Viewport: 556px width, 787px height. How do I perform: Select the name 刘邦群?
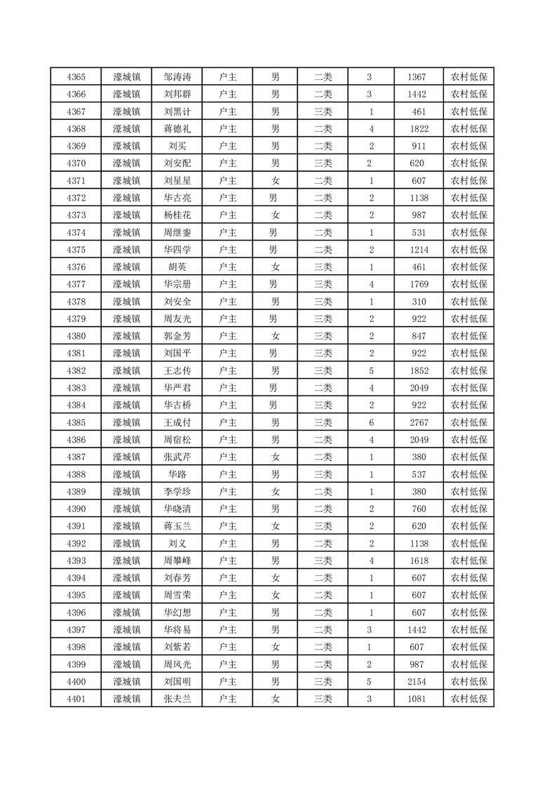(x=177, y=94)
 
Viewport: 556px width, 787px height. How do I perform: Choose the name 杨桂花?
(x=177, y=215)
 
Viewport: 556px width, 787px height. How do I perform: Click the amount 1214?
(x=418, y=250)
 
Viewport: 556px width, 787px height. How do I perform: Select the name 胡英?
(x=177, y=267)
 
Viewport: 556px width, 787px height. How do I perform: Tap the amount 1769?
(x=418, y=284)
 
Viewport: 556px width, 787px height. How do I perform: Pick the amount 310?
(x=418, y=302)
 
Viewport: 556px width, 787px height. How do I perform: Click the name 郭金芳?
(x=177, y=336)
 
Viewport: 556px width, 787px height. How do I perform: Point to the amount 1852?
(x=418, y=370)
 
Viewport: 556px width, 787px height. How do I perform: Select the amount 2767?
(x=418, y=422)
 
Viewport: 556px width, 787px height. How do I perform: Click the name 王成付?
(x=177, y=422)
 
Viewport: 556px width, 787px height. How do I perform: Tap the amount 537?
(x=418, y=474)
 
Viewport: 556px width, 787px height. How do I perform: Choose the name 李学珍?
(x=177, y=492)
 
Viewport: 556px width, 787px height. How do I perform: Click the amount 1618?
(x=418, y=560)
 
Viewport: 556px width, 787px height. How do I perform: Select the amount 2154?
(x=418, y=681)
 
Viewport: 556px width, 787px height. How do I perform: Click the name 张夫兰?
(x=177, y=699)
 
